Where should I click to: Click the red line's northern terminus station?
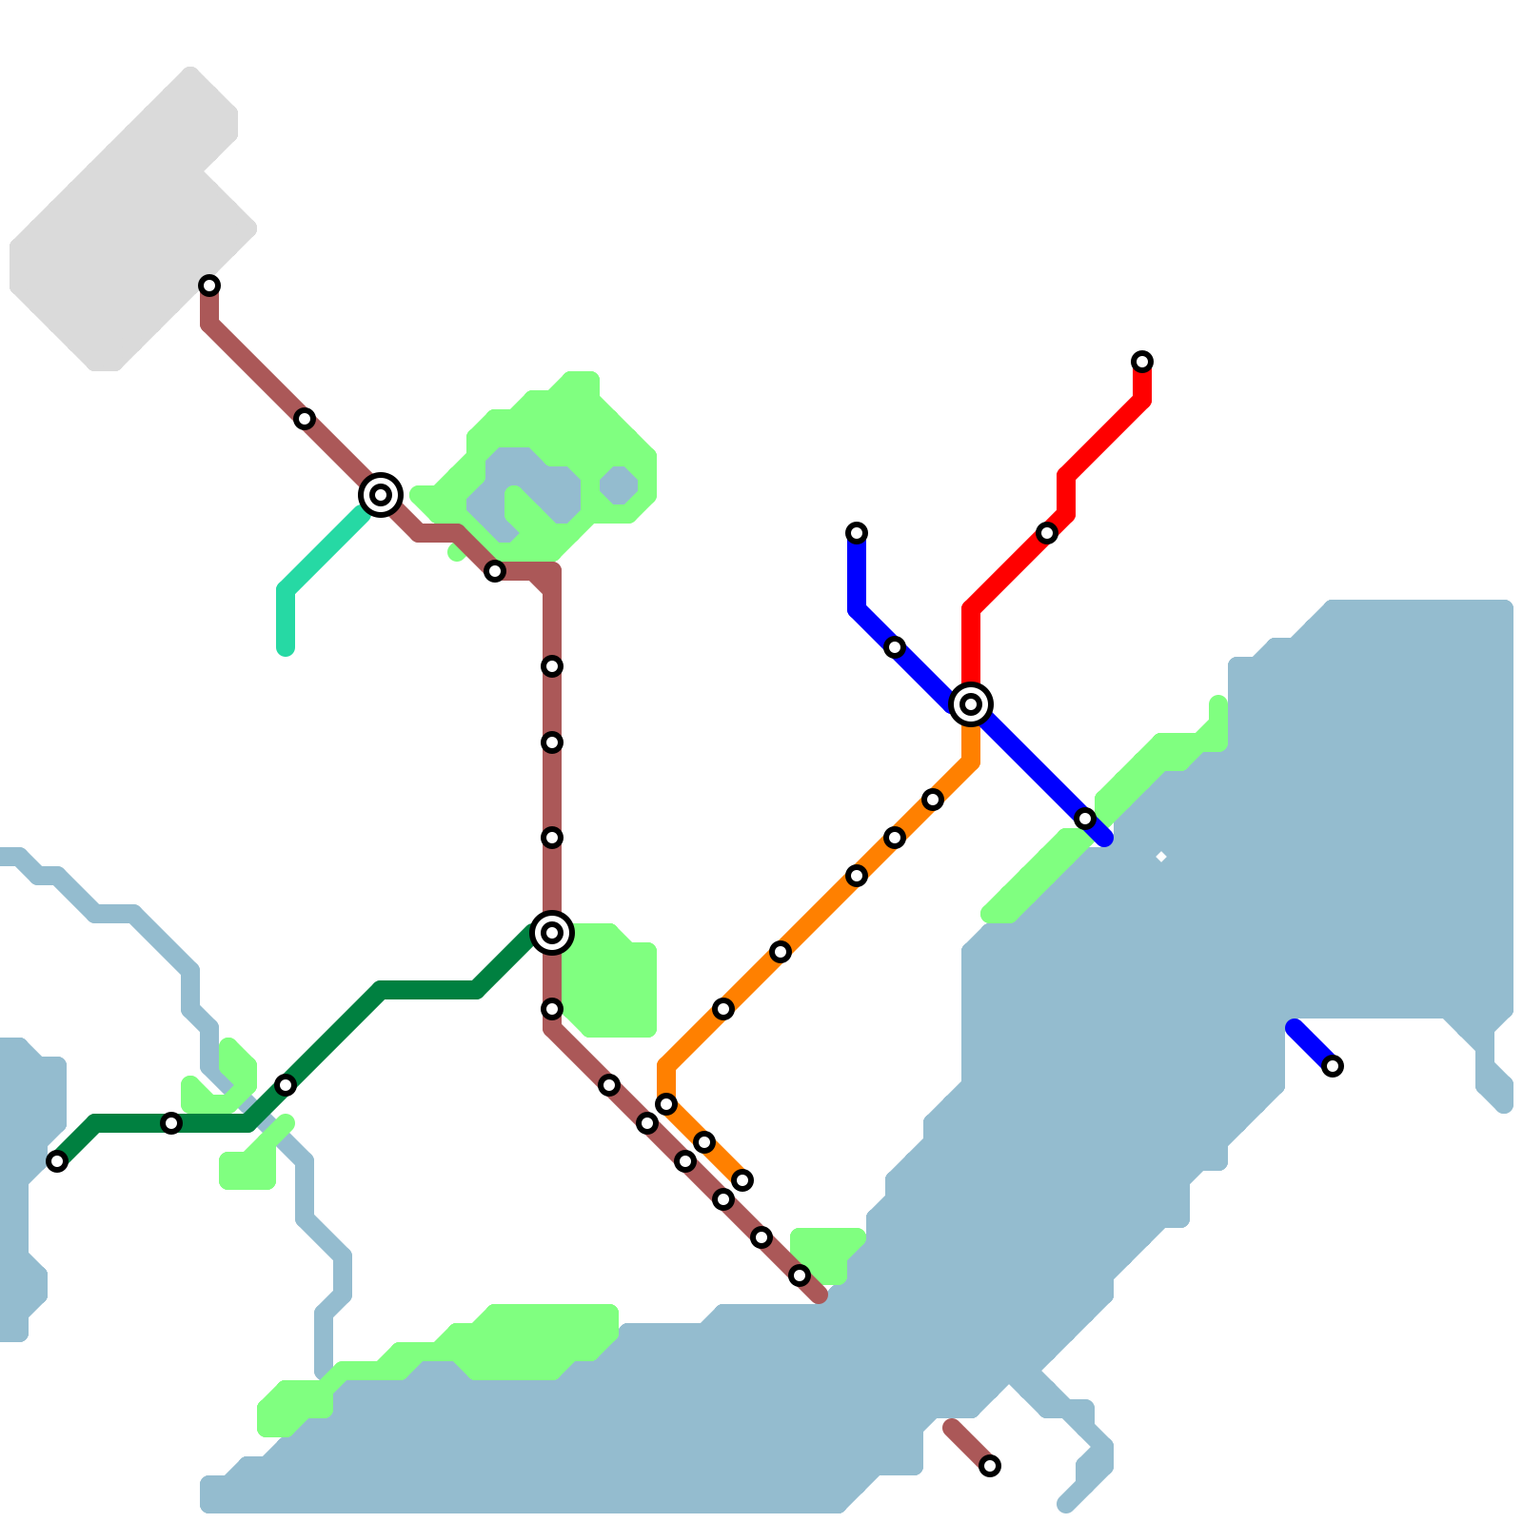click(1142, 362)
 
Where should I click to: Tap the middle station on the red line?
click(1047, 533)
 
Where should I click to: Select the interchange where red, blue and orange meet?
click(971, 704)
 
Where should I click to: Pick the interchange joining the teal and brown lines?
click(381, 495)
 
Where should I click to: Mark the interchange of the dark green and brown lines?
click(552, 933)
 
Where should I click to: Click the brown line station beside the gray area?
click(209, 286)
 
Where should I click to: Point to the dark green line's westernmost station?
click(57, 1161)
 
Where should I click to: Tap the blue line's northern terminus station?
click(857, 533)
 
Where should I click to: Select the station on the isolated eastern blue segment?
click(1333, 1066)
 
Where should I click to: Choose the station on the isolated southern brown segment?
click(990, 1466)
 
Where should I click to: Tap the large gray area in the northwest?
click(114, 238)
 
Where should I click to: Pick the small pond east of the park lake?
click(619, 485)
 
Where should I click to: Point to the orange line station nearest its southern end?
click(742, 1180)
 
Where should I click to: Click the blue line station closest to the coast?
click(1085, 819)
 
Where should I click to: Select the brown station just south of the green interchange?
click(552, 1009)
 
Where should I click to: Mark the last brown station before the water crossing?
click(800, 1276)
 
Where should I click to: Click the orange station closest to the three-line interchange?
click(933, 800)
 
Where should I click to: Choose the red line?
click(1095, 447)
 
